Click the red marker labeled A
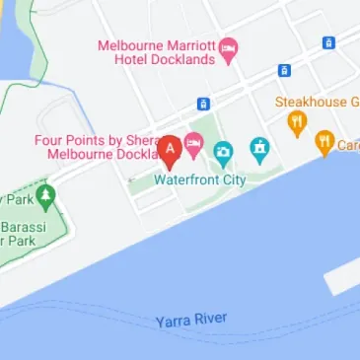(170, 151)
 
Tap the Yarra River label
(191, 321)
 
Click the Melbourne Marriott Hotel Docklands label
(158, 52)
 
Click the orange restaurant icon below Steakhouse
(296, 123)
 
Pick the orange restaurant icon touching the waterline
(324, 143)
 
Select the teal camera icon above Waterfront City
(223, 153)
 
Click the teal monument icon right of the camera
(259, 150)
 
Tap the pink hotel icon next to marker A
(194, 145)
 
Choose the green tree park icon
(44, 197)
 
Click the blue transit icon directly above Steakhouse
(284, 71)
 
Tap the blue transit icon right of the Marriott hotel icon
(328, 43)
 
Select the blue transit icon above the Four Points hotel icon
(203, 104)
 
